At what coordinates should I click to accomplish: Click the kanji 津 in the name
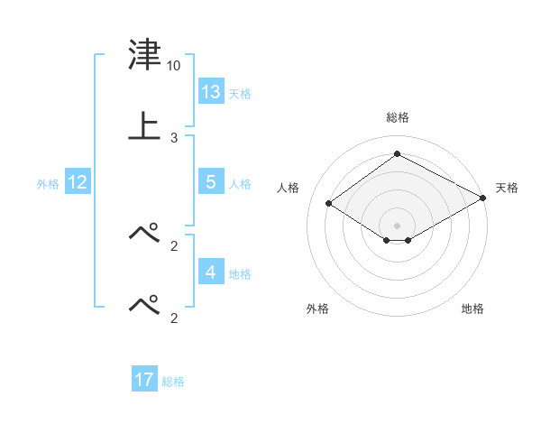tap(144, 57)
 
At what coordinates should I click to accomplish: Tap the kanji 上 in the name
tap(144, 126)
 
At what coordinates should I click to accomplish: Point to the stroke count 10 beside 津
tap(174, 66)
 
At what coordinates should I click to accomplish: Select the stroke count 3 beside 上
tap(174, 137)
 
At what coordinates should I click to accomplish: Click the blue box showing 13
tap(210, 91)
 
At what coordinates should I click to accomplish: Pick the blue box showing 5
tap(210, 181)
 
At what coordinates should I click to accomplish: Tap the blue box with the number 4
tap(210, 272)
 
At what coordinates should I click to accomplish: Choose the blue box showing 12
tap(77, 181)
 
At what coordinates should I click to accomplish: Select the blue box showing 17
tap(144, 380)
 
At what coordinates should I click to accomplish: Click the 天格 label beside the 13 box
tap(240, 93)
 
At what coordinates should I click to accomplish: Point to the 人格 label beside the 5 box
tap(240, 183)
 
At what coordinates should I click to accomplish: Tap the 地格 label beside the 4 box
tap(240, 273)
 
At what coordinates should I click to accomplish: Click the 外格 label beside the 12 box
tap(48, 183)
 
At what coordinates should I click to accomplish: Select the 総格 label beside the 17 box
tap(173, 382)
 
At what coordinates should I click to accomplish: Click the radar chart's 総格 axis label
tap(397, 117)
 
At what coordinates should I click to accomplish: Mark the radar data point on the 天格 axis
tap(483, 198)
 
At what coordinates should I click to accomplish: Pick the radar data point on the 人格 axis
tap(328, 204)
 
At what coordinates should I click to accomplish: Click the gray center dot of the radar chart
tap(397, 225)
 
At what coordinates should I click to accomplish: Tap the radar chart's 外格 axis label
tap(317, 309)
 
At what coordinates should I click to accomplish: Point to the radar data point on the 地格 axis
tap(408, 240)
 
